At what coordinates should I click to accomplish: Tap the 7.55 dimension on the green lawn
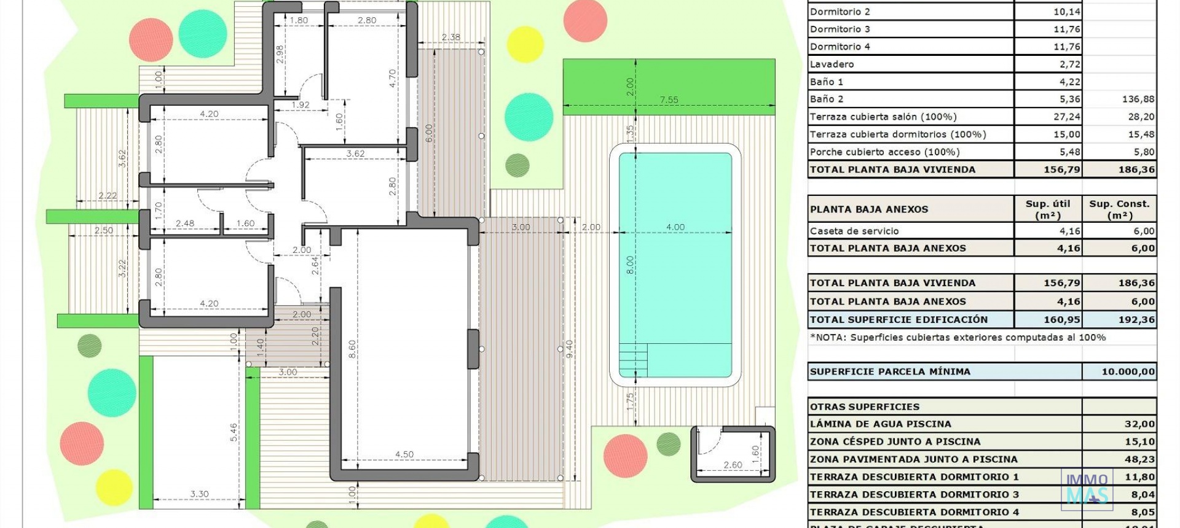click(x=669, y=100)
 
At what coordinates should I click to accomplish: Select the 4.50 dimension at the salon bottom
click(x=404, y=454)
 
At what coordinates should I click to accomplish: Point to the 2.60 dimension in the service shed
click(x=733, y=465)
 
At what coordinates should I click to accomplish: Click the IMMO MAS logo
click(x=1087, y=489)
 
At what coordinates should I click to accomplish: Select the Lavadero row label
click(x=832, y=64)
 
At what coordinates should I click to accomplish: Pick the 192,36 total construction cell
click(x=1136, y=320)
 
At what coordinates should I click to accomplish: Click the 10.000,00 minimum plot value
click(x=1128, y=371)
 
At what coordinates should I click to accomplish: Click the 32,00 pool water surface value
click(x=1139, y=424)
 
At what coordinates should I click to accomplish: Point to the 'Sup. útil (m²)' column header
click(x=1048, y=209)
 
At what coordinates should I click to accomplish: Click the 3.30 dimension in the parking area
click(x=199, y=494)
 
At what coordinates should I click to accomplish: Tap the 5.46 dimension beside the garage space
click(x=234, y=432)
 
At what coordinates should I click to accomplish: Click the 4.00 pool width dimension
click(x=675, y=227)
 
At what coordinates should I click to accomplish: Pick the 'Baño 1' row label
click(x=827, y=82)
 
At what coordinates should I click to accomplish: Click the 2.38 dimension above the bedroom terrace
click(x=450, y=37)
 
